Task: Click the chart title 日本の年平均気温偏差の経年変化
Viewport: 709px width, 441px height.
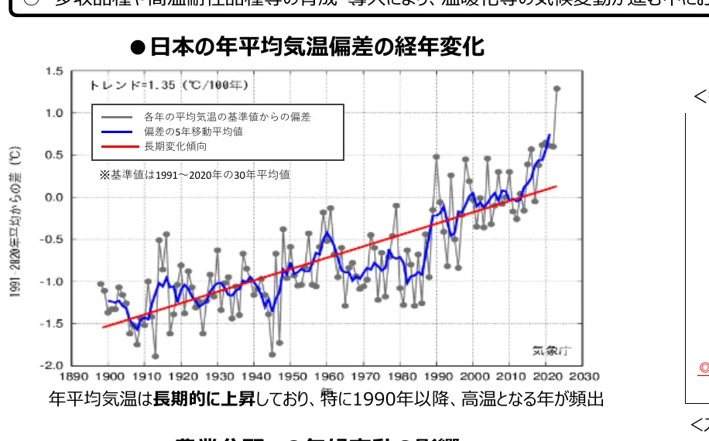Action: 316,47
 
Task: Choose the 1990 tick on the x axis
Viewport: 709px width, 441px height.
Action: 436,377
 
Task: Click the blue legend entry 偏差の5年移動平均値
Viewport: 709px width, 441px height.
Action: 193,132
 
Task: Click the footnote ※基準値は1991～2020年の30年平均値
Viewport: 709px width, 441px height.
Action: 194,175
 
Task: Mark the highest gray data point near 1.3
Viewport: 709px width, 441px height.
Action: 557,89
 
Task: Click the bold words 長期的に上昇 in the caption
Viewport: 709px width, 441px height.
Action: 198,399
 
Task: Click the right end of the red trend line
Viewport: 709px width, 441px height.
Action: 557,186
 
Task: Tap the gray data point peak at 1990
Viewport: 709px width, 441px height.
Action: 437,157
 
